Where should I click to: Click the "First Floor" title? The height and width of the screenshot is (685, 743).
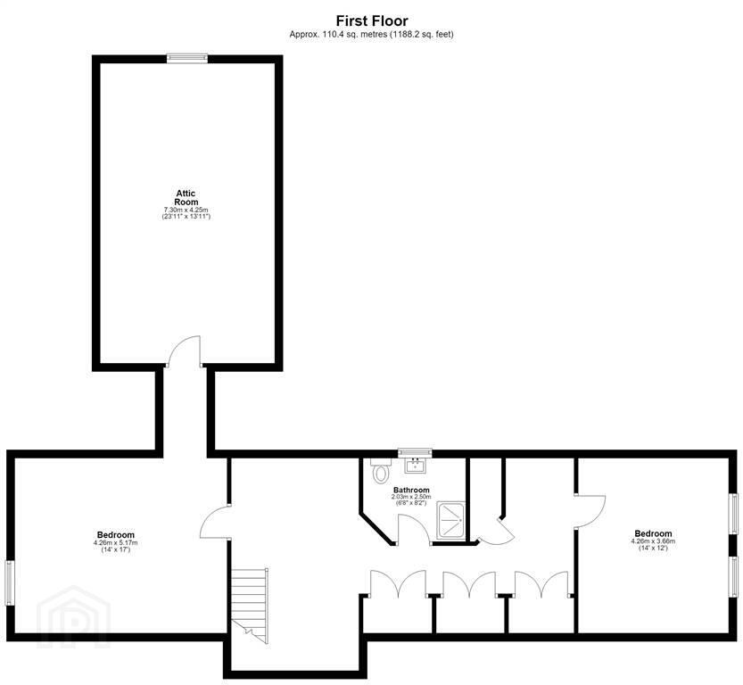(372, 21)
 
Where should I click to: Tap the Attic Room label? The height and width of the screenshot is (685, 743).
(186, 197)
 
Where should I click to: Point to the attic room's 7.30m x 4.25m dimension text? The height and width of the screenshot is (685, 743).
(186, 210)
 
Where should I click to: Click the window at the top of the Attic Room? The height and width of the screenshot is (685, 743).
(187, 58)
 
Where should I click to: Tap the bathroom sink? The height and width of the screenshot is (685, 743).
(415, 466)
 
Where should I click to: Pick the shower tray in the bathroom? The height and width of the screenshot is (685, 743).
(451, 520)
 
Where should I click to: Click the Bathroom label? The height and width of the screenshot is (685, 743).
(411, 491)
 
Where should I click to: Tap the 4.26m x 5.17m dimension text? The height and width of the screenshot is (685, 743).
(116, 543)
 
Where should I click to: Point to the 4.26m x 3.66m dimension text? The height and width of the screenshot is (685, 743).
(654, 541)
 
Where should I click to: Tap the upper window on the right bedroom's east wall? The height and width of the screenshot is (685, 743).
(734, 514)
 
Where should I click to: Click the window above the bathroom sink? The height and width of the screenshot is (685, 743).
(415, 452)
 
